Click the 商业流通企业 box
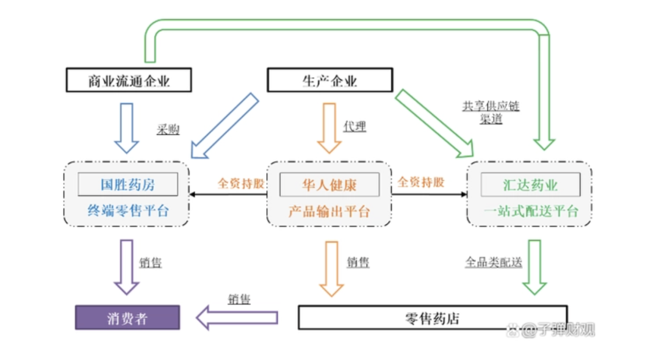click(128, 81)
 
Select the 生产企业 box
click(329, 81)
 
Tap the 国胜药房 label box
click(128, 184)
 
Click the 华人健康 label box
click(329, 184)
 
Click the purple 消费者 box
click(127, 318)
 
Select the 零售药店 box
click(432, 318)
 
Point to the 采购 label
click(168, 129)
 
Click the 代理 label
click(355, 127)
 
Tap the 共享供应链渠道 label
click(491, 112)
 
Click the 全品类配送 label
click(494, 262)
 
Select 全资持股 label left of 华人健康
click(241, 182)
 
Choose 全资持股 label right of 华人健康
click(421, 182)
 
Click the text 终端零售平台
click(128, 212)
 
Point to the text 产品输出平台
click(329, 212)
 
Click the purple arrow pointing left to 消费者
click(237, 317)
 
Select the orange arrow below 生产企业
click(329, 128)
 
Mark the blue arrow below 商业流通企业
click(127, 128)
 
